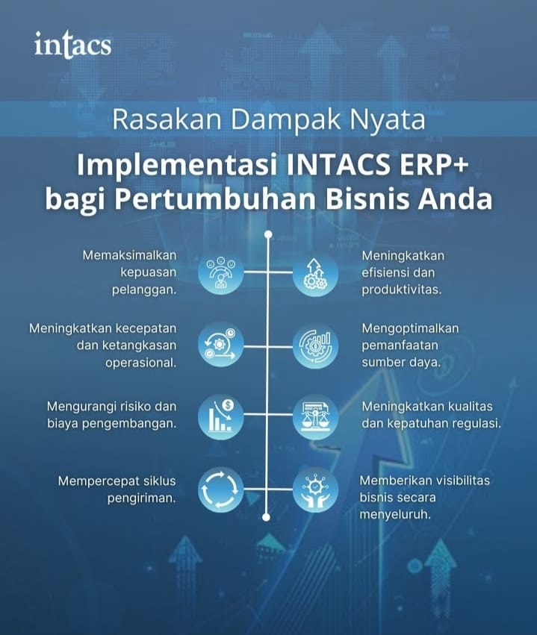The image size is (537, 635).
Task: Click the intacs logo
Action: point(72,44)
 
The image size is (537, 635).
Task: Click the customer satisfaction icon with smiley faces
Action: point(221,272)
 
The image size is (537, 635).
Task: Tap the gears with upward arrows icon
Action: point(315,274)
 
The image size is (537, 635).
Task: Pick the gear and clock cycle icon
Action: point(221,345)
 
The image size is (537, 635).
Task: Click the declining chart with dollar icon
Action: point(221,416)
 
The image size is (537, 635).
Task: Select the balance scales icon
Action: point(315,417)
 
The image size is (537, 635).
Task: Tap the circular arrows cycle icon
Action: point(221,489)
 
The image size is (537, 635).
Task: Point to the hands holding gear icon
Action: point(315,489)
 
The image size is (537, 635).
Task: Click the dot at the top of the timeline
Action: point(268,234)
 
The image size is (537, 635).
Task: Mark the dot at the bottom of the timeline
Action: point(267,517)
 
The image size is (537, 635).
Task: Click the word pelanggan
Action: point(144,290)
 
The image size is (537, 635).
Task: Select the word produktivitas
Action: point(402,290)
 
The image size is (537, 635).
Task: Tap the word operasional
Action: point(141,363)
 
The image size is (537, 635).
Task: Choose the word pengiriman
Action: point(142,498)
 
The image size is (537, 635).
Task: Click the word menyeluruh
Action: point(395,515)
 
